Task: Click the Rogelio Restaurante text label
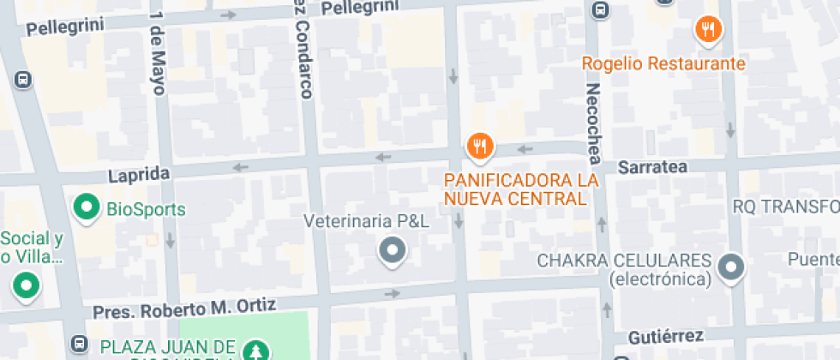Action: point(663,63)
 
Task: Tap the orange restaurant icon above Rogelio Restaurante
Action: point(708,30)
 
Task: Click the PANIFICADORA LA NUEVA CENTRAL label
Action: point(520,189)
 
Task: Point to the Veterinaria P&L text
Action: point(367,221)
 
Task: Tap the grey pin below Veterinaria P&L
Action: point(393,251)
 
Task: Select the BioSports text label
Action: point(146,208)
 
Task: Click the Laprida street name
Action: point(139,175)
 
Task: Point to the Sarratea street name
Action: point(652,166)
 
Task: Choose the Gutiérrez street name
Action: point(665,335)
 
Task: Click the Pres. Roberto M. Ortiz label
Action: point(184,308)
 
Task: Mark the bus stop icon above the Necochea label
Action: point(600,10)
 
